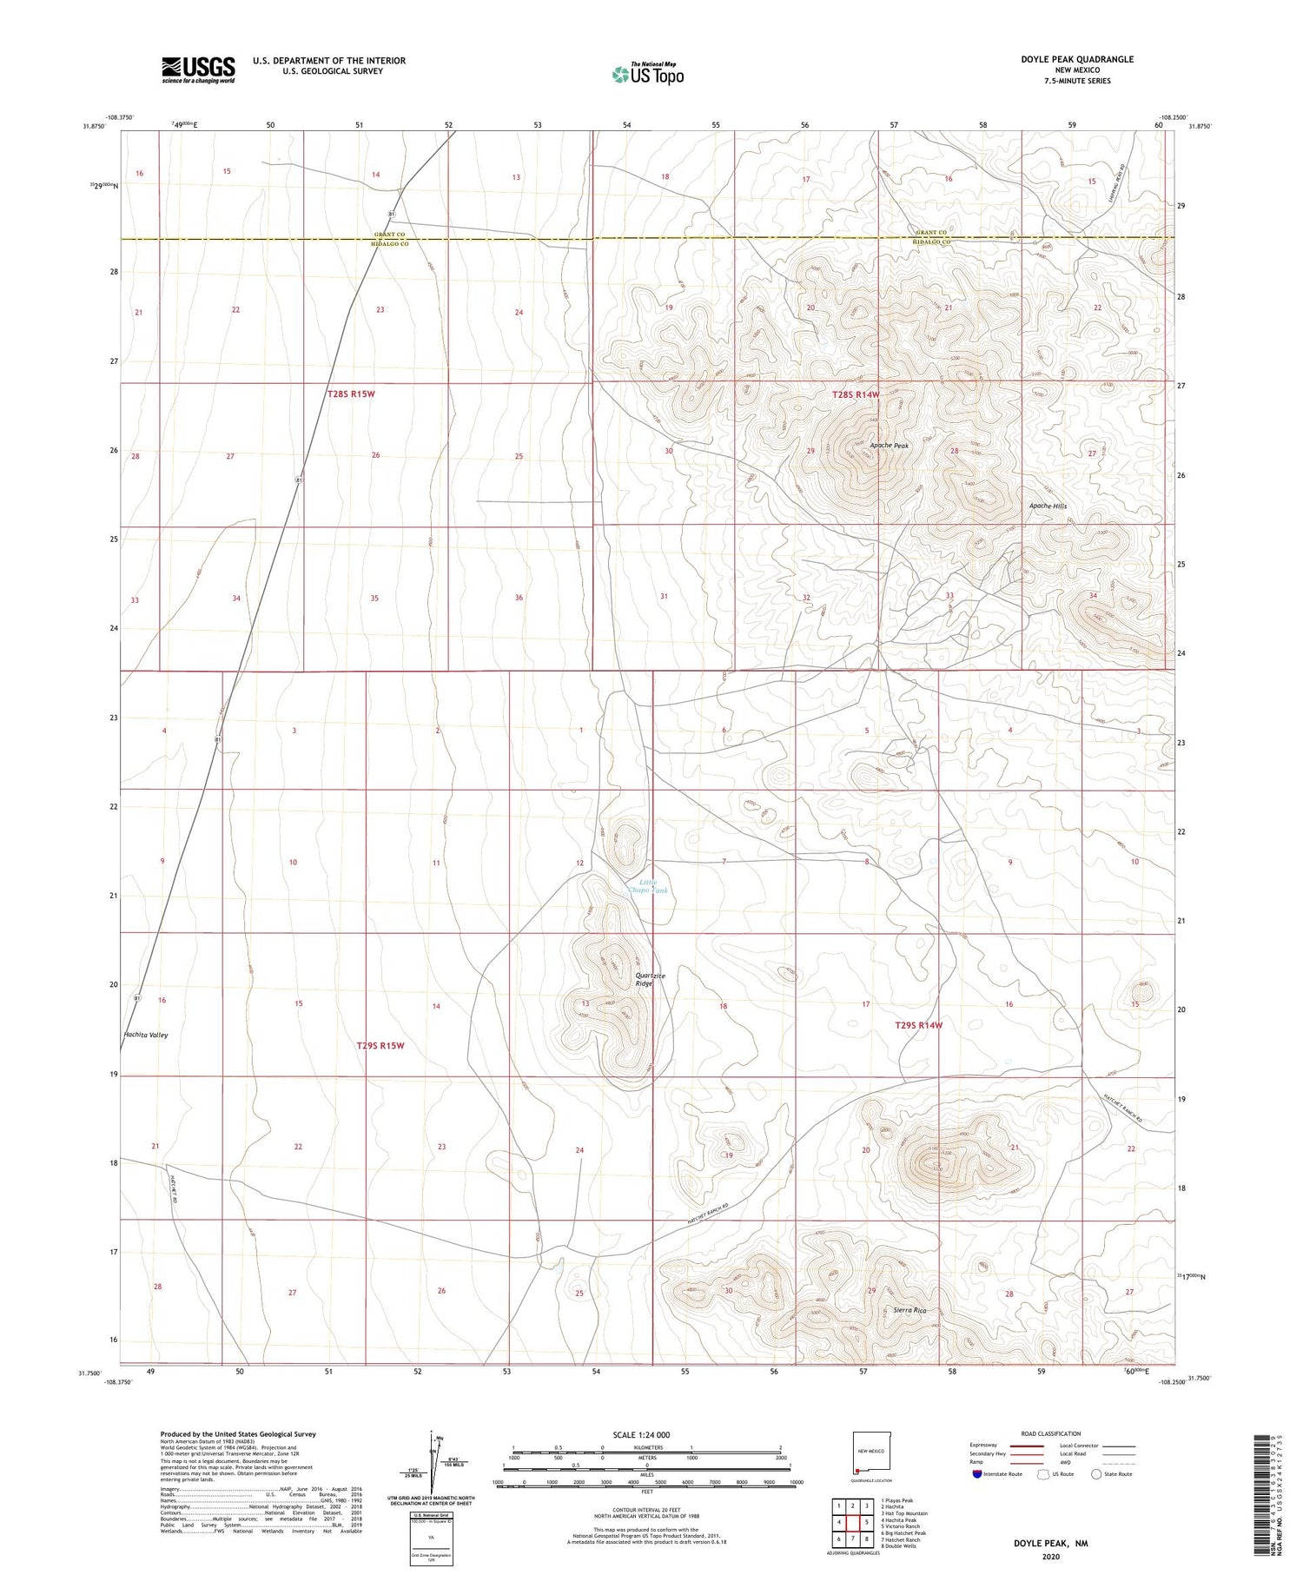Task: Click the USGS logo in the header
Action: click(x=198, y=69)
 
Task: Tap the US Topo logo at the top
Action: click(x=647, y=74)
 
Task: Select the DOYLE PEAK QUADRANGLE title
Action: click(x=1077, y=59)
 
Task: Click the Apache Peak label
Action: click(x=889, y=446)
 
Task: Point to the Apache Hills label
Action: click(x=1048, y=506)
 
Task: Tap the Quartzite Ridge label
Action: click(x=650, y=979)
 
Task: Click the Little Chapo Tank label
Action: click(x=648, y=887)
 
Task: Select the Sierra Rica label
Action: click(x=909, y=1310)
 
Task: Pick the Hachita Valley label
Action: click(x=146, y=1035)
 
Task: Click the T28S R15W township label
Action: click(x=351, y=394)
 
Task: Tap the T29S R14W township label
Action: click(x=918, y=1025)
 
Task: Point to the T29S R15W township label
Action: click(x=380, y=1045)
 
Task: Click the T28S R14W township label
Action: click(x=856, y=395)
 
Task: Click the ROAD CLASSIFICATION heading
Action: click(x=1051, y=1433)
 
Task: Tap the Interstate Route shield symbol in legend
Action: click(x=978, y=1474)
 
